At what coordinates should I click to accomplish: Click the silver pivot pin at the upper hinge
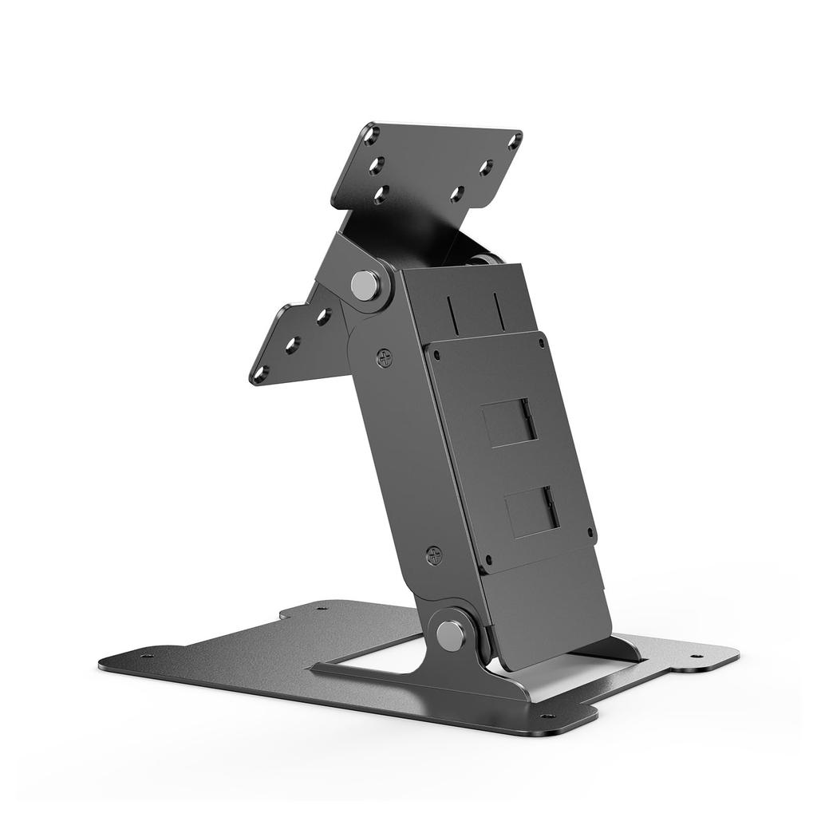tap(365, 285)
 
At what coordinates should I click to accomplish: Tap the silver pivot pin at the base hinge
tap(452, 635)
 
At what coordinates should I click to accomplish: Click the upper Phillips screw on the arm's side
tap(385, 358)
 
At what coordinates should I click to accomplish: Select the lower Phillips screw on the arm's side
tap(434, 555)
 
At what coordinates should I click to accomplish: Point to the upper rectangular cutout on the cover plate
tap(507, 422)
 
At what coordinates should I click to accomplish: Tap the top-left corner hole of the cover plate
tap(432, 349)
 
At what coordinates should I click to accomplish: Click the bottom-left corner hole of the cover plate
tap(489, 559)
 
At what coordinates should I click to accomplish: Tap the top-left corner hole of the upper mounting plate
tap(371, 136)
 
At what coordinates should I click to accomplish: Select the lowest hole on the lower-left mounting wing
tap(260, 372)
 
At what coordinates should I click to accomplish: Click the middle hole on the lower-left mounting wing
tap(293, 345)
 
